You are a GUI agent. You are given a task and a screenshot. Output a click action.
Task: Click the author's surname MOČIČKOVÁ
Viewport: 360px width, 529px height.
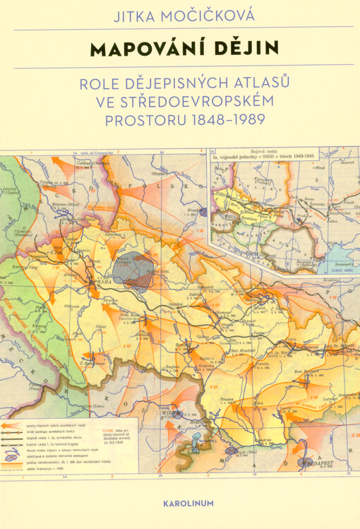click(208, 16)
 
